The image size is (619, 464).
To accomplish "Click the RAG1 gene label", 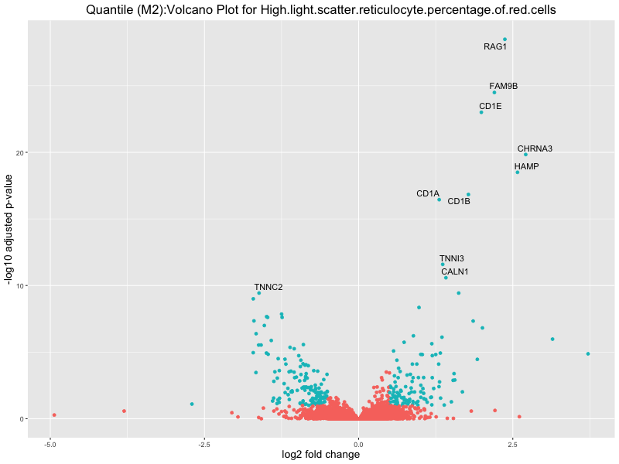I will tap(495, 46).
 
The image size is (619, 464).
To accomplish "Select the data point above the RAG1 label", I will tap(505, 39).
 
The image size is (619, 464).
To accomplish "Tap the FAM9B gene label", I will tap(503, 86).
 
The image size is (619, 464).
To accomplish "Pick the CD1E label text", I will tap(490, 106).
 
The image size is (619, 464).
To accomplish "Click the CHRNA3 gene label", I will tap(535, 148).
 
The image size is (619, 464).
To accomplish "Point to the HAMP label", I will tap(526, 166).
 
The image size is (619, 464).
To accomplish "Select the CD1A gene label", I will tap(427, 193).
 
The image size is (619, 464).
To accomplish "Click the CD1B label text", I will tap(459, 201).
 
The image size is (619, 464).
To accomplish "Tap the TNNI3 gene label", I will tap(452, 258).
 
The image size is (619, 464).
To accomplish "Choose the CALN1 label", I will tap(455, 271).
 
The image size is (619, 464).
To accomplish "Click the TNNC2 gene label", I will tap(268, 287).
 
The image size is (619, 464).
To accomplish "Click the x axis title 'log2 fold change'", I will tap(320, 455).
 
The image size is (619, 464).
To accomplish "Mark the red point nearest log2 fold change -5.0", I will tap(54, 415).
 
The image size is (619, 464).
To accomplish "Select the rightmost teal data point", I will tap(588, 353).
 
